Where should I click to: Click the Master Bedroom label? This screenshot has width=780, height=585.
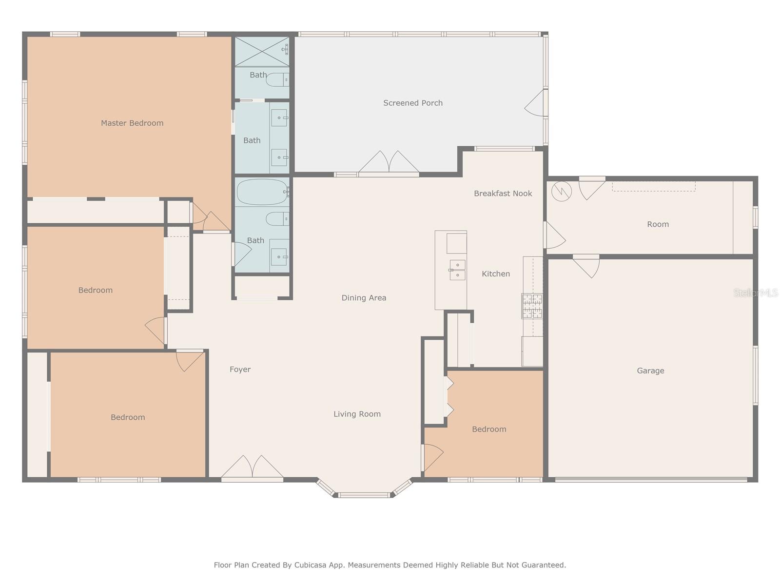132,123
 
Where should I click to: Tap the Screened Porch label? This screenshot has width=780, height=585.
412,103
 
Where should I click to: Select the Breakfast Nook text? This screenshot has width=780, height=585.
503,193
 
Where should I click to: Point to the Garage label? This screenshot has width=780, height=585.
650,371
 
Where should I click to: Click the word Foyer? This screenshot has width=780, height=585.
240,370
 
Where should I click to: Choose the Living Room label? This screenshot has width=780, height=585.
357,414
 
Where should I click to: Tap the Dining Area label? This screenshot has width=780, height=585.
364,298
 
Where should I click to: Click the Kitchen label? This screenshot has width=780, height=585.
496,273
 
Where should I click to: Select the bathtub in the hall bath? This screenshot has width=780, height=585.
262,192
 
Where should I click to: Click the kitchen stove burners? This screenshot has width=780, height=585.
532,306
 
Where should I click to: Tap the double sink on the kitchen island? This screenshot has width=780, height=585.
457,270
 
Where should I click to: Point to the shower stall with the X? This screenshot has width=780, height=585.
262,51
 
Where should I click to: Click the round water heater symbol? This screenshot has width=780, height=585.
562,192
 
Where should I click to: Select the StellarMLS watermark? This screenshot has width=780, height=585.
756,292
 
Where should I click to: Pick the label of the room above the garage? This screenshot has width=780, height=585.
658,224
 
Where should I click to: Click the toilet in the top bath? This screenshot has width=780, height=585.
277,79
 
